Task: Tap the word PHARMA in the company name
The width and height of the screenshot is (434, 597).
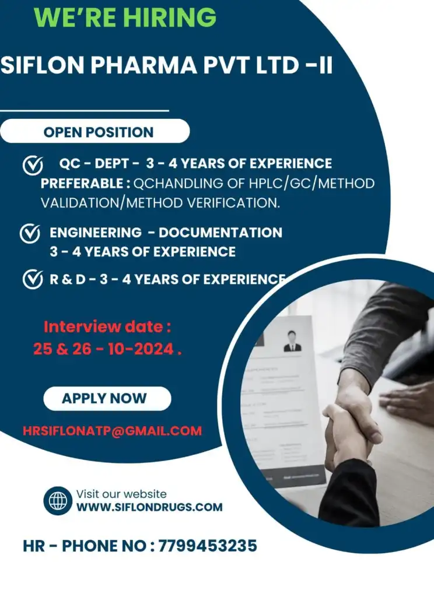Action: coord(144,65)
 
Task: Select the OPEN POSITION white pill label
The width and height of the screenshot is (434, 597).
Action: coord(95,131)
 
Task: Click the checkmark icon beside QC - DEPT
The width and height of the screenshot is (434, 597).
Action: coord(33,165)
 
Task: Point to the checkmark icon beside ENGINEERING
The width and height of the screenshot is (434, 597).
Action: coord(30,233)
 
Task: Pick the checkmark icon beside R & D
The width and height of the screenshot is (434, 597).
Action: coord(33,279)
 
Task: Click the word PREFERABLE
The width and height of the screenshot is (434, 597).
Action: coord(82,184)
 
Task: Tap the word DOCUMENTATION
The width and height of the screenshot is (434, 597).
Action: coord(220,233)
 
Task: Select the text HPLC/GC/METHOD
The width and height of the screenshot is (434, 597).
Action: coord(312,184)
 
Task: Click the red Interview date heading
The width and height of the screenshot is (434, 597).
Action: coord(107,326)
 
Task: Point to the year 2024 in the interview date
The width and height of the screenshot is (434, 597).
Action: coord(154,349)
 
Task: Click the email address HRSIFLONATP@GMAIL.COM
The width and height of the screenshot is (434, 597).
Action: coord(113,431)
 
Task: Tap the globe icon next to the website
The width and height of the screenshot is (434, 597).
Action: coord(58,501)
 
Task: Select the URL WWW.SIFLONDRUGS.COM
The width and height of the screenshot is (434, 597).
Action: coord(149,507)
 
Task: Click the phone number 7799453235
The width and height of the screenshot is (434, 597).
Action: coord(208,546)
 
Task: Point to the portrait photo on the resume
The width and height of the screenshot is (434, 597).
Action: coord(292,341)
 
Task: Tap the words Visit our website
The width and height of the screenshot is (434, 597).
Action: coord(121,494)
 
